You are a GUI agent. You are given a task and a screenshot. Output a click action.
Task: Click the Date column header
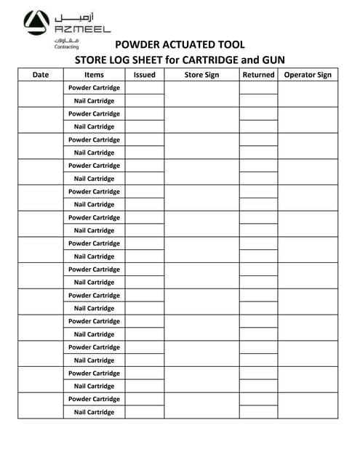(x=41, y=75)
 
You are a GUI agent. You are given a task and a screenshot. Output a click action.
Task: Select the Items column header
(x=94, y=75)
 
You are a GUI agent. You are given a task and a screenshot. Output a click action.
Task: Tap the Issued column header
(x=145, y=75)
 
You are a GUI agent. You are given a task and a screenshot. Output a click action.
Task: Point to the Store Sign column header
(x=201, y=75)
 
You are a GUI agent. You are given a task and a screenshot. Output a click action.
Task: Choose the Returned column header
(x=258, y=75)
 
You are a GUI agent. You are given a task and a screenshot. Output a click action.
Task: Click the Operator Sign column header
(x=308, y=75)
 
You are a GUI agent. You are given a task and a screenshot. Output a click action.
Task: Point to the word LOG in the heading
(x=120, y=60)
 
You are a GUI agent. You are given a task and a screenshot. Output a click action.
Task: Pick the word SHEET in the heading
(x=149, y=60)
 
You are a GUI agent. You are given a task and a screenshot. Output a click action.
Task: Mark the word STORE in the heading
(x=91, y=60)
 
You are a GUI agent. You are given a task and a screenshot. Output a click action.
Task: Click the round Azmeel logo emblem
(x=36, y=23)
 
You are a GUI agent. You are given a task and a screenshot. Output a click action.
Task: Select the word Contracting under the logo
(x=68, y=46)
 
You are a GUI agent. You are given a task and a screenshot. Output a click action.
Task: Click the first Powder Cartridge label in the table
(x=94, y=88)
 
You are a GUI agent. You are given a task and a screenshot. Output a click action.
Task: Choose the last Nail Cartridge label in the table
(x=94, y=412)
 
